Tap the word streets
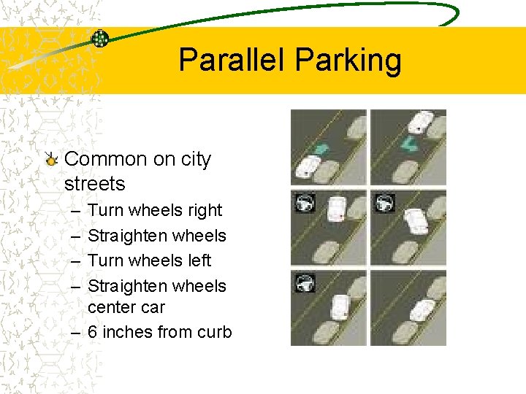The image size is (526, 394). click(x=94, y=184)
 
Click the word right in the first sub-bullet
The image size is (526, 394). click(x=205, y=211)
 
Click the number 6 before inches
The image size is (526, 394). click(x=93, y=333)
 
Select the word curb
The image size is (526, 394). click(x=214, y=333)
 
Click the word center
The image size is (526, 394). click(x=111, y=308)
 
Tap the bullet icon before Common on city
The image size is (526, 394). click(x=50, y=158)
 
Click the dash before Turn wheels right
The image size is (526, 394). click(x=76, y=211)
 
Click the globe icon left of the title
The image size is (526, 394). click(x=100, y=39)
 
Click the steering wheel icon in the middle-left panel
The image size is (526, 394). click(x=304, y=202)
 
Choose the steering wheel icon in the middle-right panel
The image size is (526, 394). click(x=384, y=202)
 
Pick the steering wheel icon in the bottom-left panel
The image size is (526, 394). click(x=304, y=282)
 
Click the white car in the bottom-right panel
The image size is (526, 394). click(x=422, y=309)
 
